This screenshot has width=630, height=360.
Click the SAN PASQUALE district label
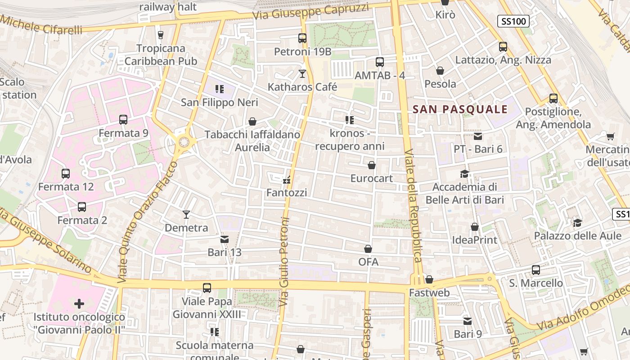click(460, 109)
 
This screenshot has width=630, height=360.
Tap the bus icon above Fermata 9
click(123, 120)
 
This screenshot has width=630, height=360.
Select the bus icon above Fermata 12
click(66, 173)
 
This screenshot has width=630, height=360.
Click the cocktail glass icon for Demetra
click(186, 214)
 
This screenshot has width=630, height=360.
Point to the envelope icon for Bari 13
click(224, 239)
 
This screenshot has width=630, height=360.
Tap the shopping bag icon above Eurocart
click(372, 165)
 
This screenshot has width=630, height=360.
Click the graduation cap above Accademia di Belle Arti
click(464, 174)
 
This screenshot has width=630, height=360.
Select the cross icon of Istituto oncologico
click(79, 304)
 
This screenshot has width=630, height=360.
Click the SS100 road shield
click(513, 21)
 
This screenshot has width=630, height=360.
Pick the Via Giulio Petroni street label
click(284, 261)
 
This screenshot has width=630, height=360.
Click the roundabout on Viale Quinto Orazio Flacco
click(184, 142)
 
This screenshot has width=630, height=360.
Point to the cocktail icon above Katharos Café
click(302, 73)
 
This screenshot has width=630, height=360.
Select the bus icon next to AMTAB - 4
click(380, 62)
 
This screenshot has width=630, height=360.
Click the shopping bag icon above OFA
click(368, 249)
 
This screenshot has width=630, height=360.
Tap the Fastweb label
click(429, 293)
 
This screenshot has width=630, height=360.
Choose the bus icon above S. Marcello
click(535, 270)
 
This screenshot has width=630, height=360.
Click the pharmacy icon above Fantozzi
click(286, 180)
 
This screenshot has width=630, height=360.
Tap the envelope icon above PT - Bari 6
click(477, 136)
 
